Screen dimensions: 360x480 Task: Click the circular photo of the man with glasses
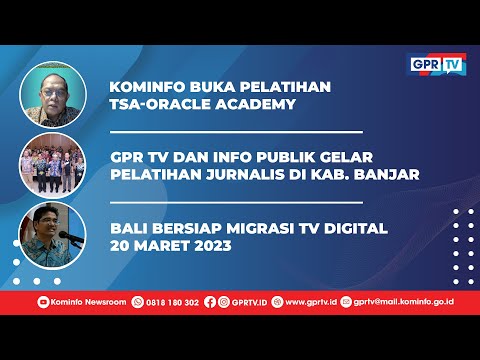pos(52,96)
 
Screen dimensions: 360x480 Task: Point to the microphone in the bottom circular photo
pos(65,237)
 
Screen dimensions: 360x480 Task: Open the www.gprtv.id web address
pos(309,301)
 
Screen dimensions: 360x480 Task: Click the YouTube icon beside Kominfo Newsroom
pos(43,301)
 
